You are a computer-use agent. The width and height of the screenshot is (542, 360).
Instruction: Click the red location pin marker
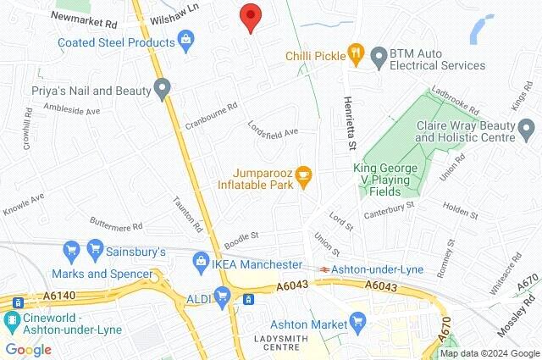[249, 17]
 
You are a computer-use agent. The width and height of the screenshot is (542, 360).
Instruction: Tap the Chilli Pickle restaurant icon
[357, 56]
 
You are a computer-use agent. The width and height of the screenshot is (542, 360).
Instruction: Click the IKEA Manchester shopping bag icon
[200, 259]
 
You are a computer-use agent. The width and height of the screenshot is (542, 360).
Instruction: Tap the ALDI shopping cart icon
[223, 296]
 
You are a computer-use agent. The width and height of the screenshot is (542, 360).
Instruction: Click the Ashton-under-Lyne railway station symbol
[324, 269]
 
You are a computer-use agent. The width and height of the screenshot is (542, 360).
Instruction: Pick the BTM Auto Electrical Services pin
[378, 56]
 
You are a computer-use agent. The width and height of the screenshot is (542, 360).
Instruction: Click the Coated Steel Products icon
[185, 39]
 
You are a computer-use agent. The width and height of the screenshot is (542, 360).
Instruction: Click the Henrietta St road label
[348, 125]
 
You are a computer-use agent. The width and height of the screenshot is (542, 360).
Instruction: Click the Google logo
[28, 349]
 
